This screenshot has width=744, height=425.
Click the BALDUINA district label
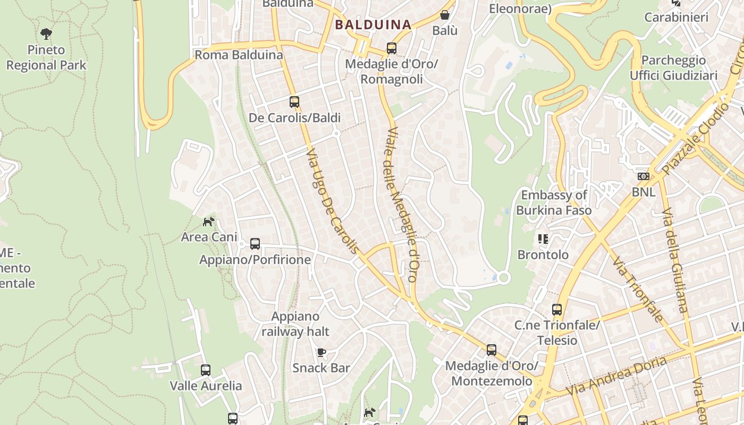pos(373,24)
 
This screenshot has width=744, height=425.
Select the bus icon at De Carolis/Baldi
pos(294,101)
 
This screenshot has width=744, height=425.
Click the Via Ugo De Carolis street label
pos(333,201)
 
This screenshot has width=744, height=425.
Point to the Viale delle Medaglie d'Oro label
pos(401,204)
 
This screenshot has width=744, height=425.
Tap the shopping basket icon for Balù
pos(444,15)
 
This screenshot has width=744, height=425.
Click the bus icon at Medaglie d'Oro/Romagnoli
pos(392,48)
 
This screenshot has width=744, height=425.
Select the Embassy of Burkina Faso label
pos(554,202)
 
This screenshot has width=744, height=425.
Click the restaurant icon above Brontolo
pos(543,239)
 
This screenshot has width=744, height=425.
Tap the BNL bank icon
pos(643,176)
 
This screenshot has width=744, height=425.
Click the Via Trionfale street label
pos(637,290)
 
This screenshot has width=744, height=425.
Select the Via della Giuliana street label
pos(674,260)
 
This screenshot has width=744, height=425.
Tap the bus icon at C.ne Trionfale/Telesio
pos(556,309)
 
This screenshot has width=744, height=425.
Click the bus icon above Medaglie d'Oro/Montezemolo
pos(492,350)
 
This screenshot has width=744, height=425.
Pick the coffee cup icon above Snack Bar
pos(321,352)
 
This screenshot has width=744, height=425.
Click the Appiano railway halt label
pos(295,324)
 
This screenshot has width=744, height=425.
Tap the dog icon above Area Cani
pos(209,222)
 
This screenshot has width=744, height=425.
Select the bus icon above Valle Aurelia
pos(206,370)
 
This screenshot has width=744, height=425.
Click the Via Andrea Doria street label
pos(616,376)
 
